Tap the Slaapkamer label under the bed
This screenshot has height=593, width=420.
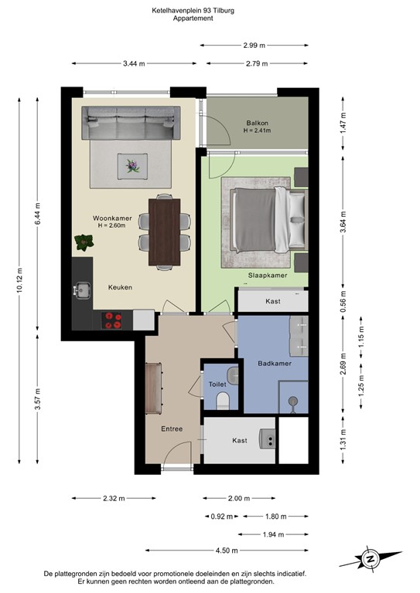tap(267, 274)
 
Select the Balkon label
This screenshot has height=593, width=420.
tap(258, 123)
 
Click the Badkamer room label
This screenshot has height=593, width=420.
tap(275, 363)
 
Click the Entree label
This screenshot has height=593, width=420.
tap(172, 429)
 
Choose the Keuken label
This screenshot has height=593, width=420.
tap(120, 287)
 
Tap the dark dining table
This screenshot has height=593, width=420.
tap(164, 231)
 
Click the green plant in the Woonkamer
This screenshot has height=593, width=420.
tap(83, 242)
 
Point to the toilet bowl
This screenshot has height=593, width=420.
tap(223, 399)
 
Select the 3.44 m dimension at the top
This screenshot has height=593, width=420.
tap(135, 64)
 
